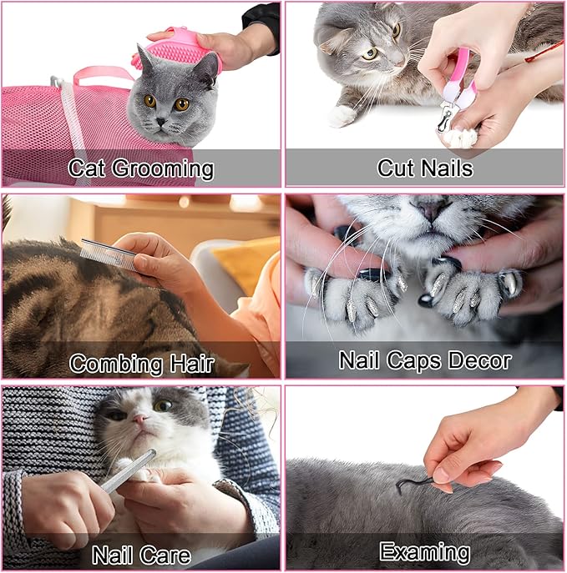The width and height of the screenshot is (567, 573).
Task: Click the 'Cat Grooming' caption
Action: point(140,169)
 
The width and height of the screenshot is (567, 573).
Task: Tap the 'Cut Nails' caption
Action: point(424,168)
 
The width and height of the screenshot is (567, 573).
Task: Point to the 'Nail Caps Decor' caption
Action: point(424,361)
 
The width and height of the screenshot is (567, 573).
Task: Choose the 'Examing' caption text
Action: point(424,551)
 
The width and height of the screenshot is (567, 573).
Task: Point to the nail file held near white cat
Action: point(129,472)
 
